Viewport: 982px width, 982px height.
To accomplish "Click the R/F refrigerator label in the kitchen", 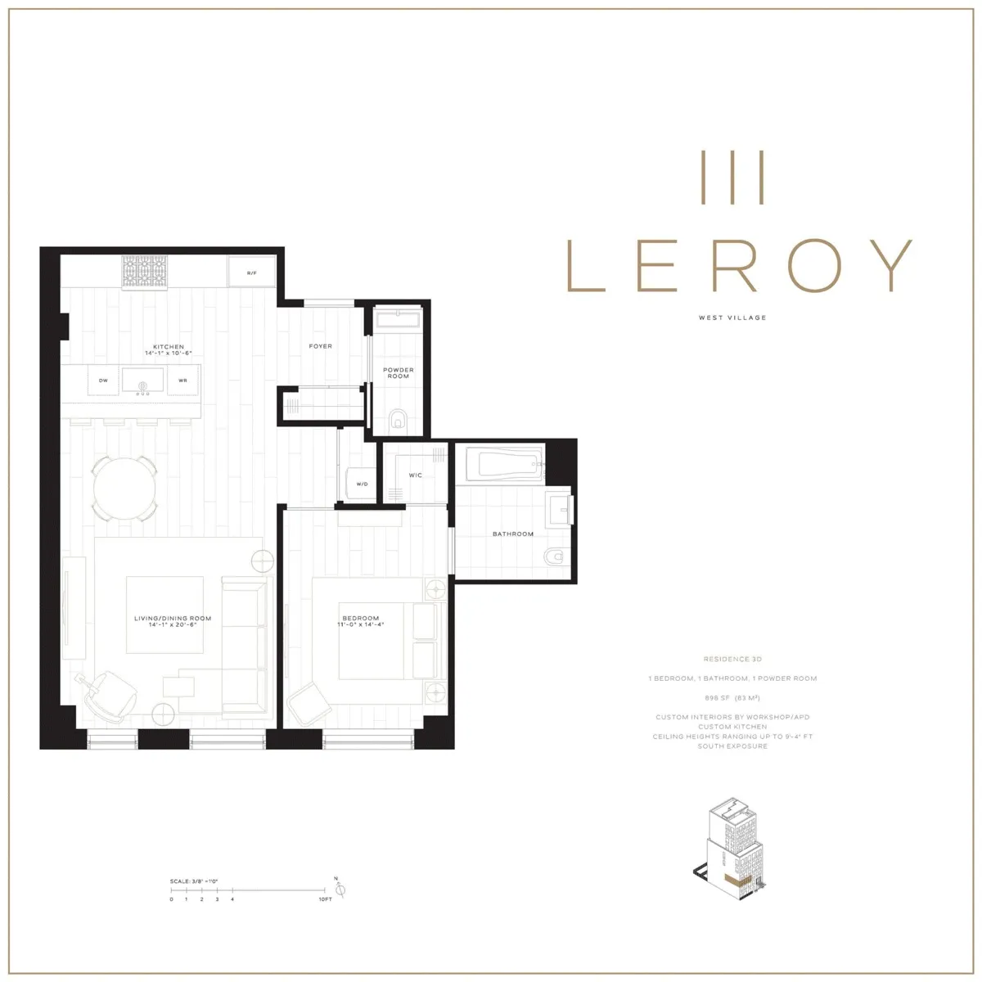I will pos(252,272).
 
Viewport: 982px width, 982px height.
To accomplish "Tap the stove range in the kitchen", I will pos(145,272).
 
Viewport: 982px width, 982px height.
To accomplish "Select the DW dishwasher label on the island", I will pos(103,381).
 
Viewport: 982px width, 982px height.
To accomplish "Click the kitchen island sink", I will pos(145,381).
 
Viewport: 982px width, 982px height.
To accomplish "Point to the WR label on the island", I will pos(182,381).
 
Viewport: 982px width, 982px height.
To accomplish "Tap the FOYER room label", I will pos(321,346).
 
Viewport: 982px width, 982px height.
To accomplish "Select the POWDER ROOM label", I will pos(399,373).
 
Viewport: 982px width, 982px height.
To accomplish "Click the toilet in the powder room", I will pos(399,421).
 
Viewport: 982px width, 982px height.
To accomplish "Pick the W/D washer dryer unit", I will pos(361,483).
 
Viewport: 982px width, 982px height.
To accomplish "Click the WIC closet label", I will pos(415,475).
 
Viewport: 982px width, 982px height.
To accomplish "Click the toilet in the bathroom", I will pos(556,558).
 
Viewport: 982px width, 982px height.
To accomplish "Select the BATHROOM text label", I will pos(513,534).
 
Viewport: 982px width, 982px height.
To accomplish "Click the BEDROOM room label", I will pos(361,618).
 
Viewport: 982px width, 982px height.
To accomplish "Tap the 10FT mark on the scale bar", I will pos(325,899).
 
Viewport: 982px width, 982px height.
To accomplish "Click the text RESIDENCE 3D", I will pos(732,659).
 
